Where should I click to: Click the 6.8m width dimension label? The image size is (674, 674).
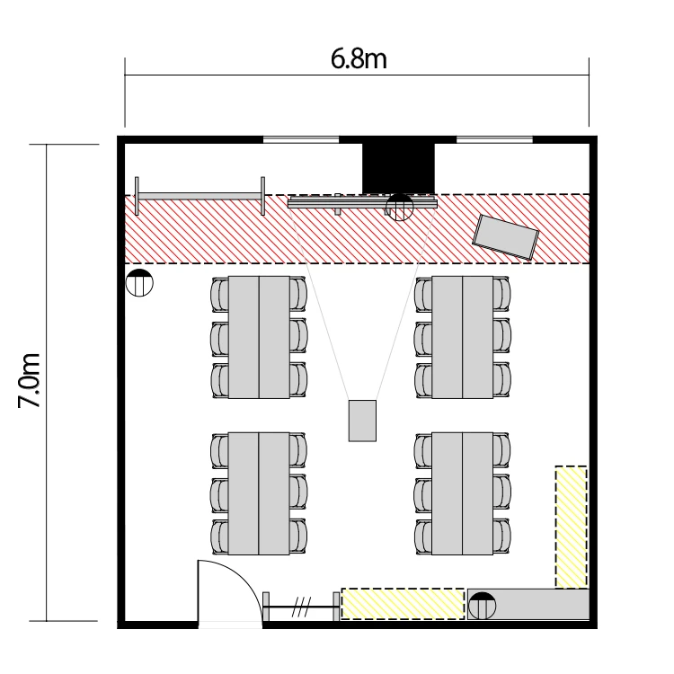point(359,59)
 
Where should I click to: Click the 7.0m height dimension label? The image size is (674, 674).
point(30,380)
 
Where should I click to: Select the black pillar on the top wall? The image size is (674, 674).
point(398,168)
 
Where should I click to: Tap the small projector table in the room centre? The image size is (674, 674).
point(362,421)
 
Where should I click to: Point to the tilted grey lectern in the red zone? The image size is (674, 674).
point(505,237)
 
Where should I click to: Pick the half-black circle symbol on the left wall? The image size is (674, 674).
point(139,283)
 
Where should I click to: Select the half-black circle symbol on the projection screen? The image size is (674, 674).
point(399,208)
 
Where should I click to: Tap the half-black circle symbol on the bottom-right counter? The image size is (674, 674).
point(482,606)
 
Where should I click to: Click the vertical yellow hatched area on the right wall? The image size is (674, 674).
point(571,527)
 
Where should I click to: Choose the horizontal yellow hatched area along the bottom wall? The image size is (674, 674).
point(403,604)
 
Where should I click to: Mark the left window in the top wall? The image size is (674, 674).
point(301,139)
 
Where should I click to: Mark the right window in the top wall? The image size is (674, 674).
point(494,139)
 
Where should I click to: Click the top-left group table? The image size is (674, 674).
point(259,337)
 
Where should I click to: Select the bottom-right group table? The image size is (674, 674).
point(463,493)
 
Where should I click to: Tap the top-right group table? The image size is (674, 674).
point(463,337)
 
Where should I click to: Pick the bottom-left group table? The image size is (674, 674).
point(259,493)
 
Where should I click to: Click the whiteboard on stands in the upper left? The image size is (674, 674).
point(200,197)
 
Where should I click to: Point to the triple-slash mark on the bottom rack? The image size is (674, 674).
point(301,607)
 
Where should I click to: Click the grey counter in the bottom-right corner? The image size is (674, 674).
point(528,605)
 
